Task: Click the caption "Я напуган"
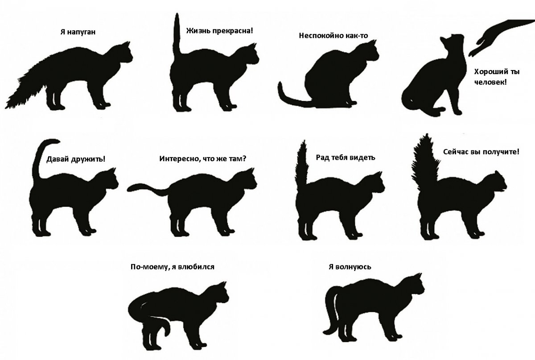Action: click(78, 32)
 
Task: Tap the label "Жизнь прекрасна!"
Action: click(219, 31)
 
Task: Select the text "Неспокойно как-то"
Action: click(333, 35)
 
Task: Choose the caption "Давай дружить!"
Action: click(76, 158)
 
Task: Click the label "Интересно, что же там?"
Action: click(202, 158)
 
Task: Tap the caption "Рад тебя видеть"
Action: click(345, 157)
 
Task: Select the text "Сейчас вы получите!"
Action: click(481, 152)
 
